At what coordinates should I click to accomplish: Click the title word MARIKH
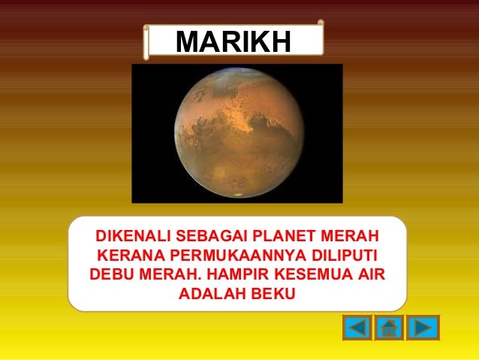click(233, 43)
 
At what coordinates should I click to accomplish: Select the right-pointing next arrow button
click(423, 328)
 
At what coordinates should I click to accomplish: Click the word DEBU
click(111, 271)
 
